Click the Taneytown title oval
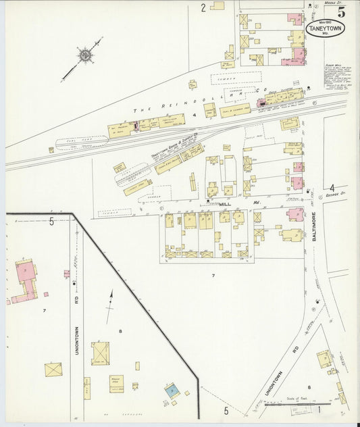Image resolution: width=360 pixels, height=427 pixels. click(x=325, y=28)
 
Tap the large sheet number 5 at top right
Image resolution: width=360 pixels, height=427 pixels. click(x=342, y=11)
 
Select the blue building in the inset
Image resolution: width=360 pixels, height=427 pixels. click(x=172, y=391)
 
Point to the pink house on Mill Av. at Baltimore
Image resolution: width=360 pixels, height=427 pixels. click(x=294, y=215)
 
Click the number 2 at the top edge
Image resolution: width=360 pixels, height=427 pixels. click(x=203, y=8)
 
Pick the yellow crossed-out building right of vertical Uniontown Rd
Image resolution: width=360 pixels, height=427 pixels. click(x=100, y=353)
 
